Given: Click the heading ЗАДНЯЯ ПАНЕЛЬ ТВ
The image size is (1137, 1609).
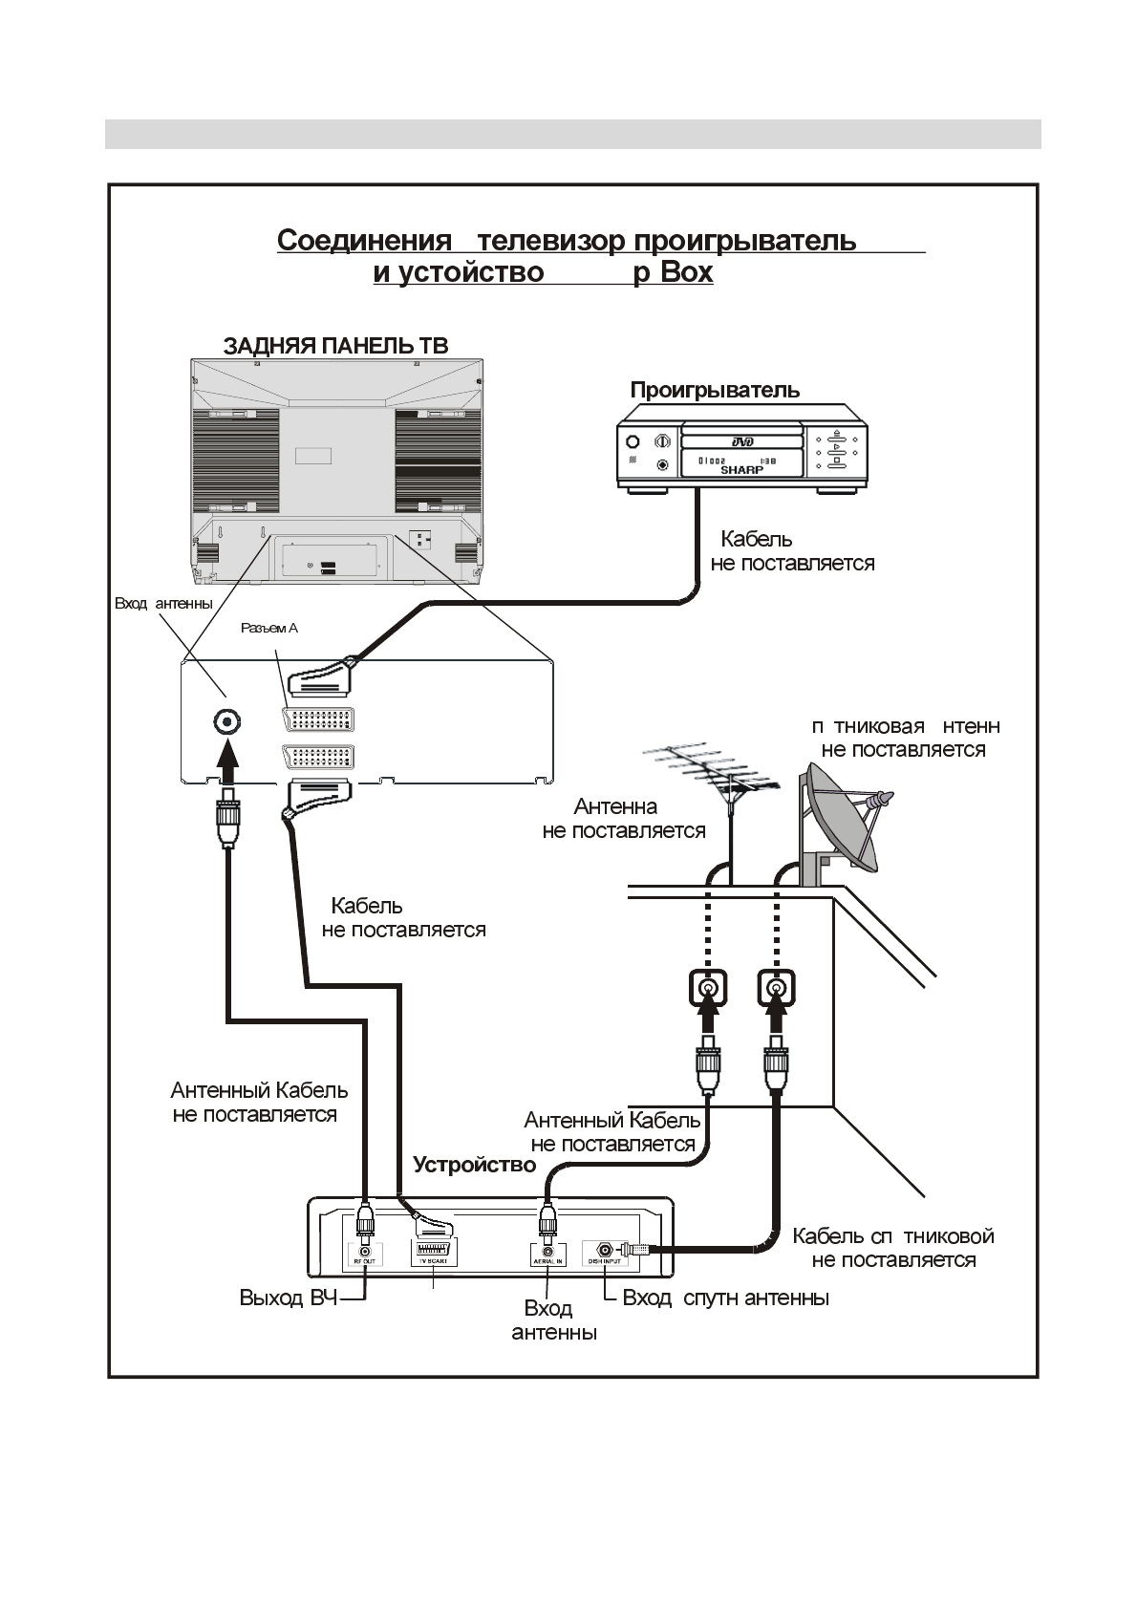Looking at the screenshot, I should (x=334, y=346).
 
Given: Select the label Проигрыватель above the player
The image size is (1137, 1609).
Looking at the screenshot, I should (x=715, y=391).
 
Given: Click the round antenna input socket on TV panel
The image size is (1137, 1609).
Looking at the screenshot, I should (x=227, y=721).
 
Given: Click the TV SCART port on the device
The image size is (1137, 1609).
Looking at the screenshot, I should (x=434, y=1251).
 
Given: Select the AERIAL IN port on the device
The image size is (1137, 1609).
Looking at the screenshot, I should (x=547, y=1251).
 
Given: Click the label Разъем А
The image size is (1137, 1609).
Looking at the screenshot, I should (x=268, y=628).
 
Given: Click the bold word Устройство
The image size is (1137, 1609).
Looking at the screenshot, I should (x=474, y=1165).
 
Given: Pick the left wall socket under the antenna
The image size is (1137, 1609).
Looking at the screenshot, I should (x=707, y=989).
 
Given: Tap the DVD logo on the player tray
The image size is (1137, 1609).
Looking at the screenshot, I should (x=742, y=441).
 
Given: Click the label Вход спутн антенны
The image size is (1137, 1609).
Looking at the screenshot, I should (x=725, y=1298).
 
